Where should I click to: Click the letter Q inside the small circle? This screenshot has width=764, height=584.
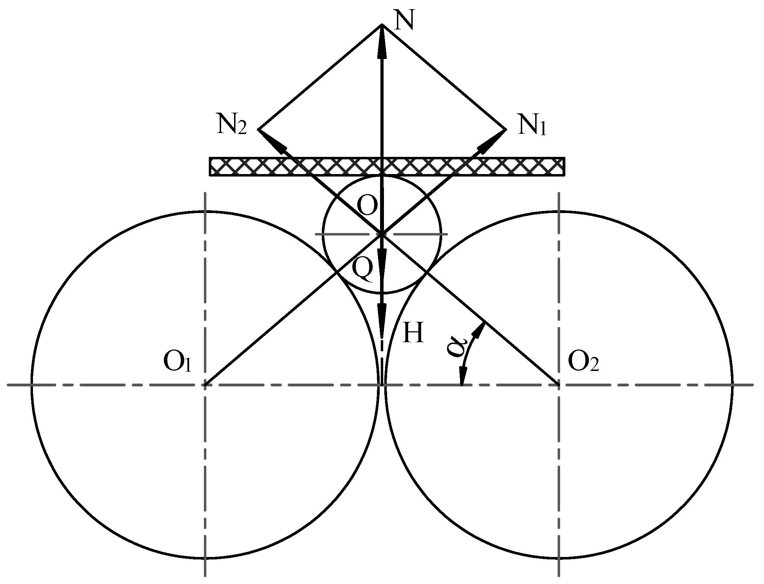362,270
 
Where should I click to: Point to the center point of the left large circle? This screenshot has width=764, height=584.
205,385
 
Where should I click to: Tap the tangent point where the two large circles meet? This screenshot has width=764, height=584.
382,385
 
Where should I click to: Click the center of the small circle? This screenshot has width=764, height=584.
382,234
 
